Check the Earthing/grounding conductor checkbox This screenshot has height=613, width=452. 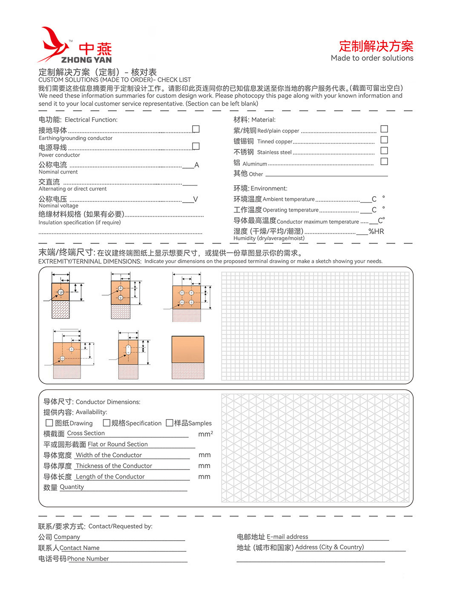pos(196,129)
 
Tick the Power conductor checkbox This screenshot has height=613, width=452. pos(196,146)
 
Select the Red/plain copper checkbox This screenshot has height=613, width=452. pos(384,129)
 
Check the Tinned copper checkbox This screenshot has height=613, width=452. pos(384,140)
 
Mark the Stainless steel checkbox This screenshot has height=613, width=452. pos(384,150)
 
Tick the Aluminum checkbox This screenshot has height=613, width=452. pos(384,161)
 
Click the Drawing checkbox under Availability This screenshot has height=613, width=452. pos(49,423)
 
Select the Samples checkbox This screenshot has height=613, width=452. pos(169,423)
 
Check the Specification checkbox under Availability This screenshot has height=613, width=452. pos(107,423)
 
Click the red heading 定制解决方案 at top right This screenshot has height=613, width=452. pos(376,46)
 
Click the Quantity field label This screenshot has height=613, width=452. pos(72,487)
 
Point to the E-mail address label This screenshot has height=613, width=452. pos(287,537)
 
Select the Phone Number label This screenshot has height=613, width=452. pos(88,559)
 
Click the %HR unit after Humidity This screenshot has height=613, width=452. pos(376,232)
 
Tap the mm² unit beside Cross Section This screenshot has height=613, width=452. pos(205,434)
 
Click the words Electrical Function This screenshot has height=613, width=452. pos(91,120)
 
